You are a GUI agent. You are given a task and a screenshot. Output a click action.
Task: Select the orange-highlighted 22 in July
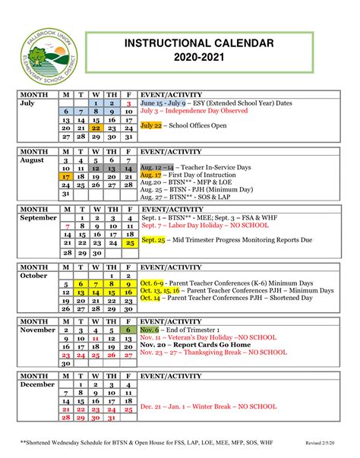95,129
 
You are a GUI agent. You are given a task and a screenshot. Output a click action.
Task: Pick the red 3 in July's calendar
129,103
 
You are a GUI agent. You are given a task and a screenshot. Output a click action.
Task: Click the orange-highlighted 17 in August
66,175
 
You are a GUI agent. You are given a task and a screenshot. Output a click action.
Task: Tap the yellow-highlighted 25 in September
129,243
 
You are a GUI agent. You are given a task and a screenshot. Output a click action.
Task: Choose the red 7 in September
69,226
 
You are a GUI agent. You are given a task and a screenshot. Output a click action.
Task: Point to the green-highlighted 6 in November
129,330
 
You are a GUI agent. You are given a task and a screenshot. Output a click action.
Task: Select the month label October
35,276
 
